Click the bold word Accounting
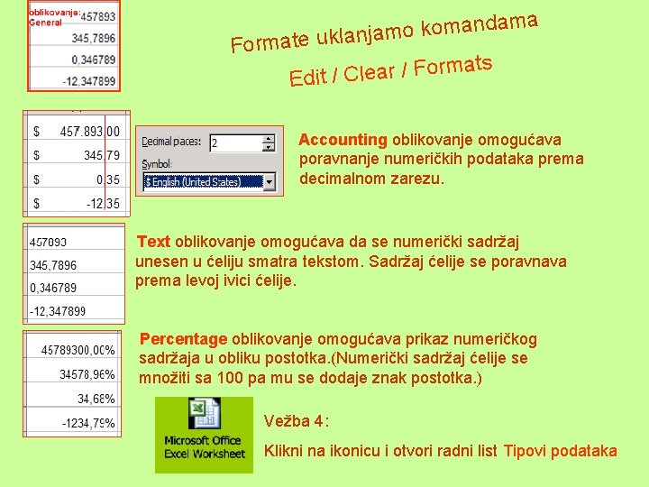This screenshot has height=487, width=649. [343, 140]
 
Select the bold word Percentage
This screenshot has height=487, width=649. [183, 339]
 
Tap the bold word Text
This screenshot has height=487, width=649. [153, 242]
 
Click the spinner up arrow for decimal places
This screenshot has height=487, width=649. [268, 139]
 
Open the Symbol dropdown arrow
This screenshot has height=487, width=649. [269, 182]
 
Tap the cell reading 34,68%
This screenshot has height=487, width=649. [96, 398]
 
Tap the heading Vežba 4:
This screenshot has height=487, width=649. [297, 420]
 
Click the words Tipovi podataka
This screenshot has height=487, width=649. [560, 451]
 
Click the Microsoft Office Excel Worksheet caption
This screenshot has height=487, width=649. [204, 447]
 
